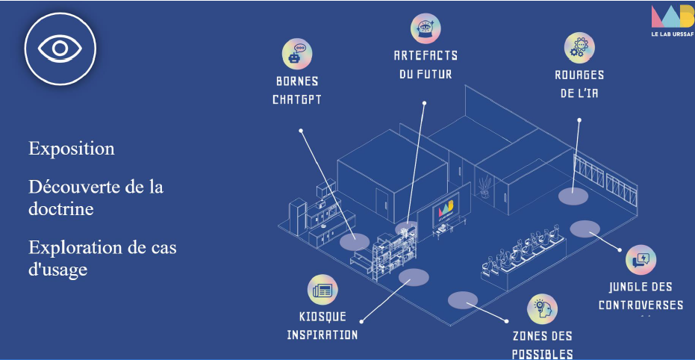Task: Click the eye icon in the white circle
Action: pyautogui.click(x=60, y=49)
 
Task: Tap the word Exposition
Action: pyautogui.click(x=72, y=149)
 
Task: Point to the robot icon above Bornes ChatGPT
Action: pyautogui.click(x=296, y=54)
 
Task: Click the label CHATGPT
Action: pyautogui.click(x=296, y=99)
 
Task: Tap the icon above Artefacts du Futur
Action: pyautogui.click(x=425, y=28)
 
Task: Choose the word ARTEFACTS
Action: pyautogui.click(x=426, y=55)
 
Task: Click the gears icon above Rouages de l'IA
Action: pyautogui.click(x=579, y=48)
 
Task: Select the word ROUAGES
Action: pyautogui.click(x=579, y=75)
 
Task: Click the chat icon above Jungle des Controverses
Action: pyautogui.click(x=640, y=259)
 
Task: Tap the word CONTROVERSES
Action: pyautogui.click(x=641, y=305)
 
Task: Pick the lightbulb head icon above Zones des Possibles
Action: pyautogui.click(x=542, y=309)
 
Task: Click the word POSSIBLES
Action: pyautogui.click(x=543, y=354)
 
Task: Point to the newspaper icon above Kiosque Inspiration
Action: pyautogui.click(x=322, y=290)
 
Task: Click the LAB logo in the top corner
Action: pyautogui.click(x=671, y=16)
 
